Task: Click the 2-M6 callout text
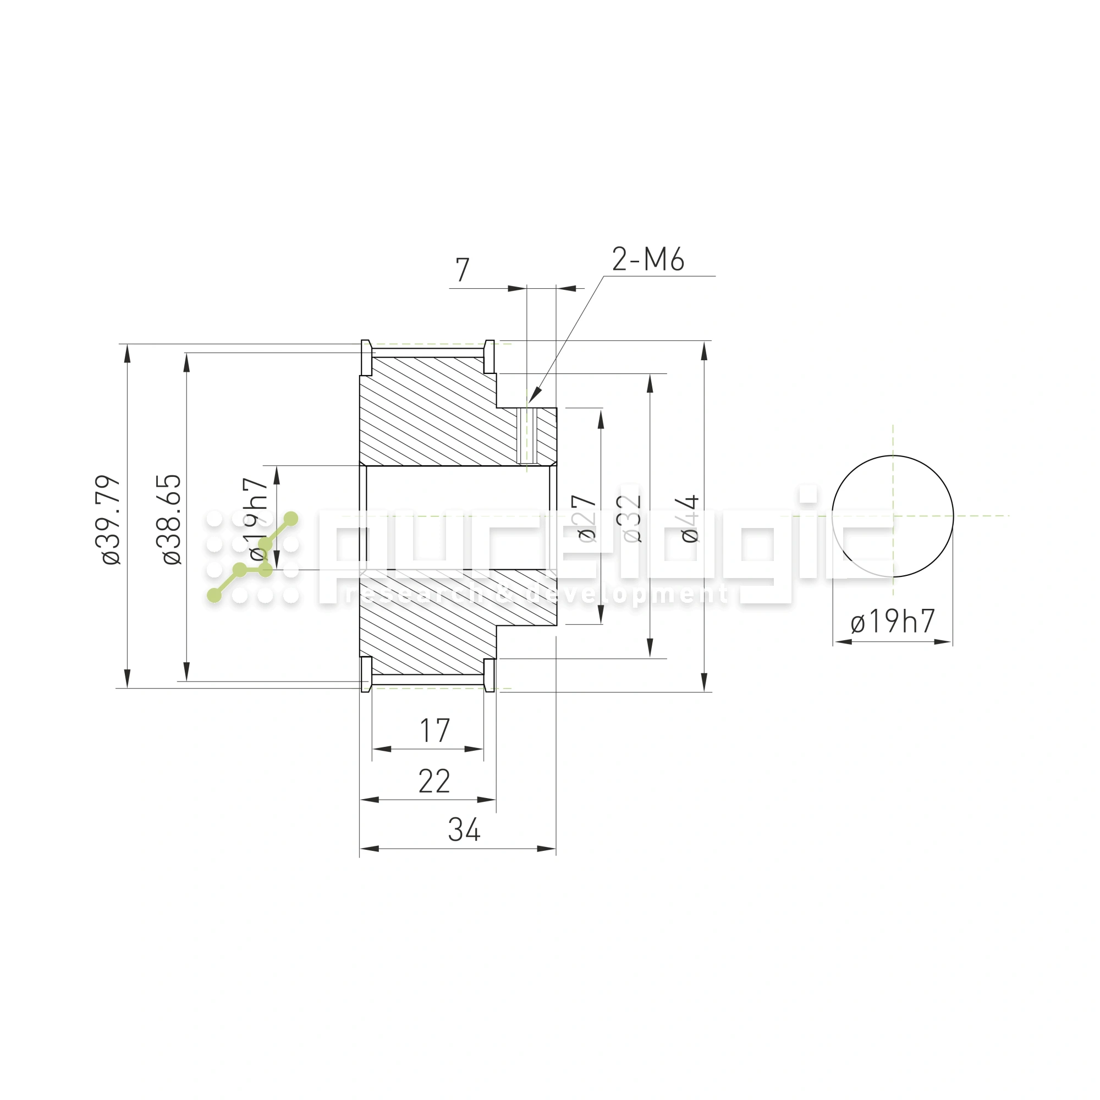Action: click(x=648, y=260)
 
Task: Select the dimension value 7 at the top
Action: click(x=463, y=270)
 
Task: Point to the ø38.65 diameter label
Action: click(x=172, y=519)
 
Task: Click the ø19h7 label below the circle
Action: click(x=892, y=621)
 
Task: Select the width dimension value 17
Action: click(x=435, y=730)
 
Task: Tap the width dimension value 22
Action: click(x=434, y=781)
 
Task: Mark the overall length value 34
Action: click(x=464, y=829)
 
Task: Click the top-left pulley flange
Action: click(x=367, y=358)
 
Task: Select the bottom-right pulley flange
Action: click(x=488, y=675)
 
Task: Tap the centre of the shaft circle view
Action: click(x=893, y=516)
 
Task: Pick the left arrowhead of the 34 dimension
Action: click(x=369, y=848)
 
